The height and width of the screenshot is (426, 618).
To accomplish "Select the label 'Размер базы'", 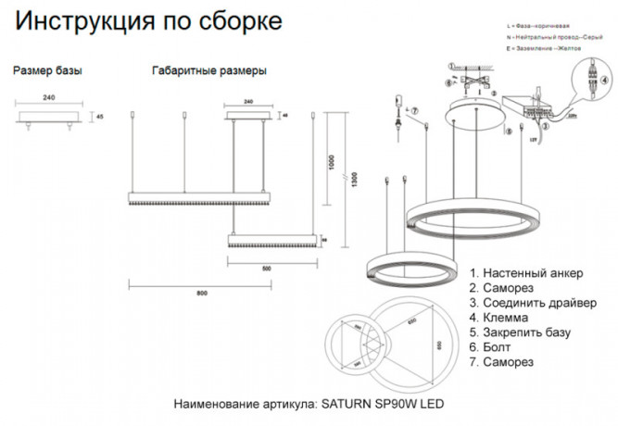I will pyautogui.click(x=47, y=70).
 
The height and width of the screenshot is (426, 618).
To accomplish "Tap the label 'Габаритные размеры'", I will pyautogui.click(x=208, y=70).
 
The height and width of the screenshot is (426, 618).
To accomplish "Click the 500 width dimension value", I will pyautogui.click(x=266, y=268).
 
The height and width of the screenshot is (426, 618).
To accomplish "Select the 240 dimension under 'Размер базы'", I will pyautogui.click(x=48, y=97).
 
